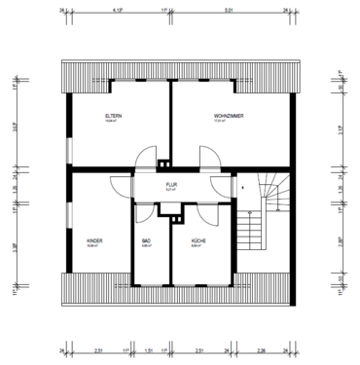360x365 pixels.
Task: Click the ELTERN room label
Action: point(114,116)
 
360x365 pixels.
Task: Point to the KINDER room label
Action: point(95,239)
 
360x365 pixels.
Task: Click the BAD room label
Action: point(147,239)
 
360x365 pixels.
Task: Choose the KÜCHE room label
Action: point(198,239)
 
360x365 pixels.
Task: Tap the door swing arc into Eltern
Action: point(145,156)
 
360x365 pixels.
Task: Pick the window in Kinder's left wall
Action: point(66,209)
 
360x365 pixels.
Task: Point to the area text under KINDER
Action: point(95,246)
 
